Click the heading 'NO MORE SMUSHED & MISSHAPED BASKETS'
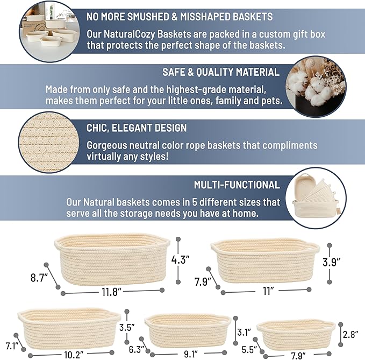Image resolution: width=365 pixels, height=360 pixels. coord(180,17)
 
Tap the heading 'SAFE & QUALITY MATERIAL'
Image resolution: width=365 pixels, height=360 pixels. coord(220,72)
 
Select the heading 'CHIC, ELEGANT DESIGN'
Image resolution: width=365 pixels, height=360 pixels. coord(137,128)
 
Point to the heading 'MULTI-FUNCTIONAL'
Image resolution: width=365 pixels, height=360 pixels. coord(237,185)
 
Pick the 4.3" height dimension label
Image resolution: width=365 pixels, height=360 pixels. coord(181,259)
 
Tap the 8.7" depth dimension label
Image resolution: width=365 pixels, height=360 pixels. coord(39,278)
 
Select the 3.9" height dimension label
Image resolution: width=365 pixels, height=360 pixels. coord(332,263)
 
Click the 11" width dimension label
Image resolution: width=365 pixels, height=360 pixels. coord(268,291)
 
